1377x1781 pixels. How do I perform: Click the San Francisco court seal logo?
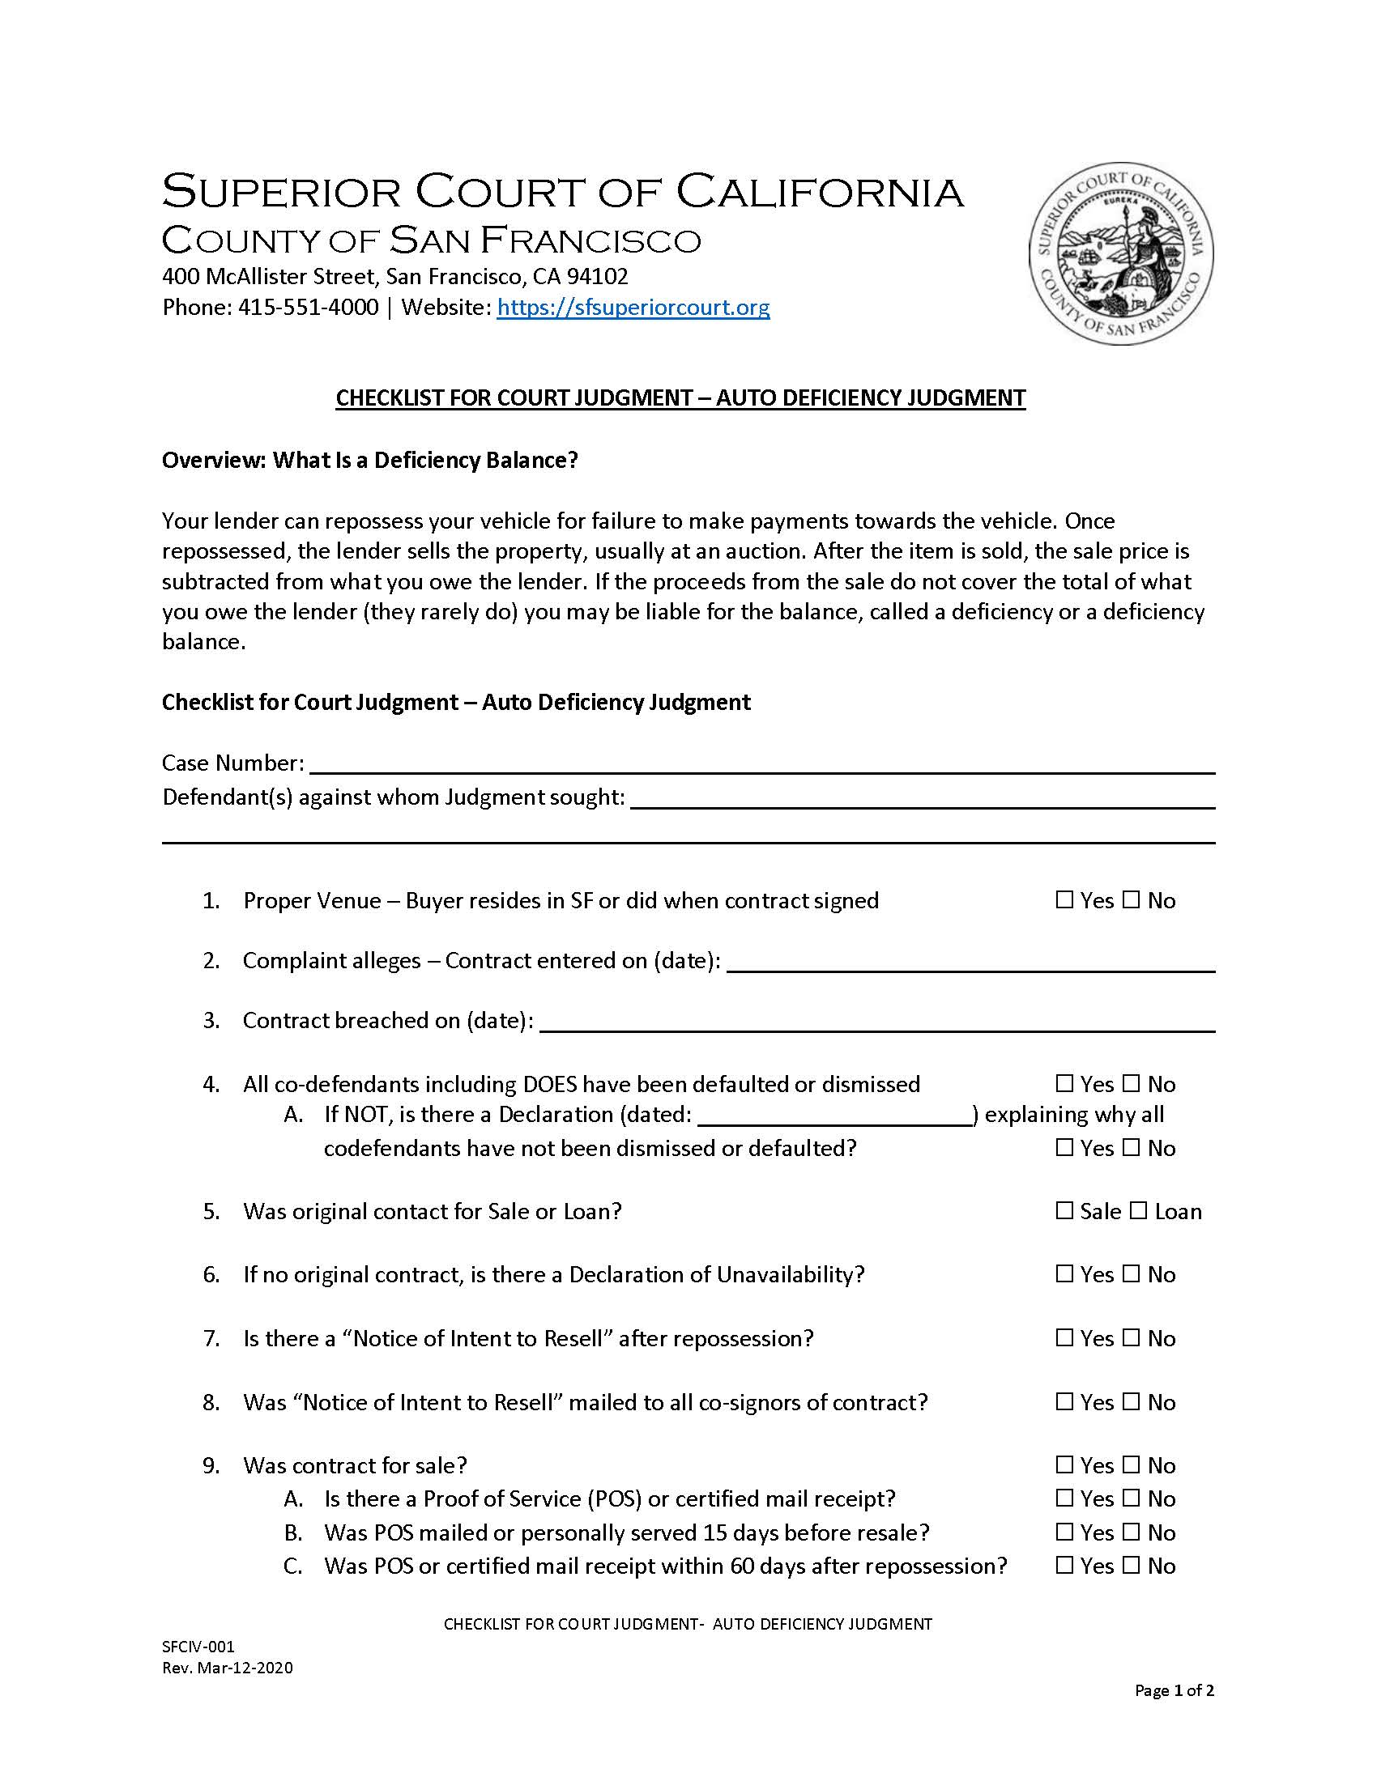click(1121, 253)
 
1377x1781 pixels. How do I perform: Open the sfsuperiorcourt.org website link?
click(633, 308)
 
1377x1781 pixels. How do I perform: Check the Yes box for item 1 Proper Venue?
click(1064, 899)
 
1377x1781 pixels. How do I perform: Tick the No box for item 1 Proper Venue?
click(1131, 899)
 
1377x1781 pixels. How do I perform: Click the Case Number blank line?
click(762, 765)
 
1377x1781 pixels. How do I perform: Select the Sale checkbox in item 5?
click(1064, 1210)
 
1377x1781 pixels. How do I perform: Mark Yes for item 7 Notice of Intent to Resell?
click(1064, 1337)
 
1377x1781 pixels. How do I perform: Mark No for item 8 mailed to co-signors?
click(1131, 1401)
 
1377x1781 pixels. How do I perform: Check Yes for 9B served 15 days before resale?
click(1064, 1532)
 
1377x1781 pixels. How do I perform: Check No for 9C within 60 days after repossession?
click(1131, 1565)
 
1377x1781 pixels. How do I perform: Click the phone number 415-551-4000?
click(308, 308)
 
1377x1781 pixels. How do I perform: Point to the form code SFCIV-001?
click(198, 1646)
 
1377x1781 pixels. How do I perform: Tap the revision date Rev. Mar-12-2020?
click(227, 1668)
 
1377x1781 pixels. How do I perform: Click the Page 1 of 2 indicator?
click(1174, 1690)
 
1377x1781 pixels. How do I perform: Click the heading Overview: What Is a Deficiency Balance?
click(369, 461)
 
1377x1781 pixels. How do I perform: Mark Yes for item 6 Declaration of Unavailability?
click(1064, 1273)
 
